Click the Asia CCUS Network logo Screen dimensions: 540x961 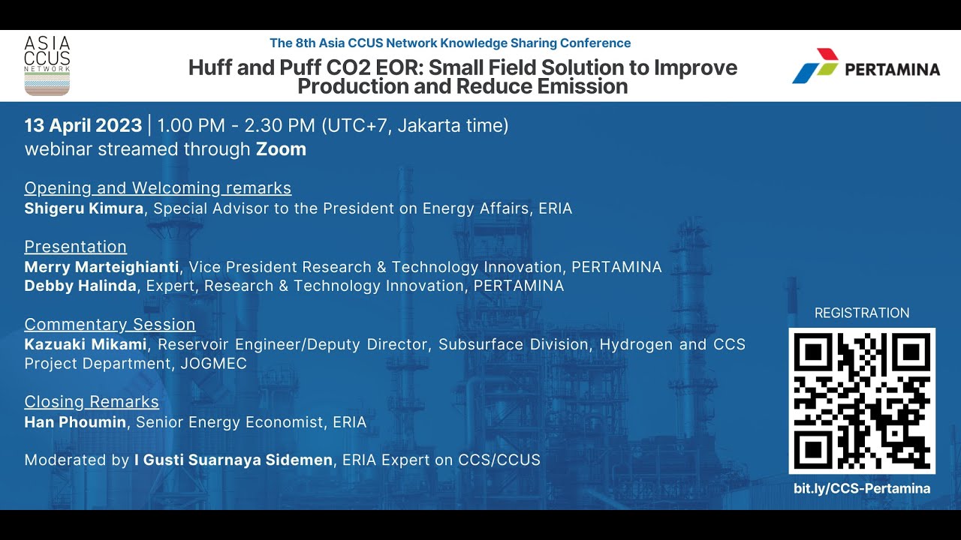pyautogui.click(x=47, y=65)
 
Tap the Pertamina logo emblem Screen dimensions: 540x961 pyautogui.click(x=815, y=67)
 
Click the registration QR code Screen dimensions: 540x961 pyautogui.click(x=862, y=400)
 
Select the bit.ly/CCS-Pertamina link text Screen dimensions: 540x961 pyautogui.click(x=862, y=489)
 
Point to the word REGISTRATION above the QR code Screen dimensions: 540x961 pyautogui.click(x=862, y=313)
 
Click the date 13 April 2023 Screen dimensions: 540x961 pyautogui.click(x=83, y=125)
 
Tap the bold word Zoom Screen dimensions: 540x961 pyautogui.click(x=281, y=149)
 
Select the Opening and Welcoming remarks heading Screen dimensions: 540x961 pyautogui.click(x=158, y=188)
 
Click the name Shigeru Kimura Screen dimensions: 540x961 pyautogui.click(x=83, y=208)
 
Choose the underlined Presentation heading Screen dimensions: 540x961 pyautogui.click(x=75, y=247)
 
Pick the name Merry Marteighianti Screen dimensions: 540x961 pyautogui.click(x=101, y=267)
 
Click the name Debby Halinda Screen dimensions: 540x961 pyautogui.click(x=80, y=286)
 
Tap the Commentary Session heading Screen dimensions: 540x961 pyautogui.click(x=110, y=325)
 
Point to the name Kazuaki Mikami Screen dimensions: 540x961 pyautogui.click(x=86, y=344)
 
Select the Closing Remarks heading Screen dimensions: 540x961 pyautogui.click(x=92, y=402)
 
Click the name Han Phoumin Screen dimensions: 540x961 pyautogui.click(x=75, y=422)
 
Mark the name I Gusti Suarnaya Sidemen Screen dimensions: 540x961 pyautogui.click(x=233, y=460)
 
